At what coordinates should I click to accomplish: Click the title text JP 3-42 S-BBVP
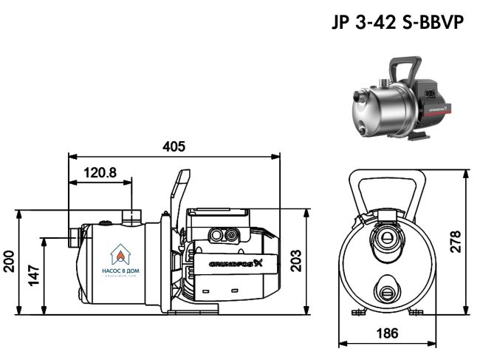pyautogui.click(x=398, y=23)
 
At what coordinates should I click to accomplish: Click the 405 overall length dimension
pyautogui.click(x=174, y=146)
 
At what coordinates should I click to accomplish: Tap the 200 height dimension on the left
pyautogui.click(x=9, y=262)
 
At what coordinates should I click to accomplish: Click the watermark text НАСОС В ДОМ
pyautogui.click(x=119, y=271)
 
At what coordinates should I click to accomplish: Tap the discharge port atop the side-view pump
pyautogui.click(x=132, y=217)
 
